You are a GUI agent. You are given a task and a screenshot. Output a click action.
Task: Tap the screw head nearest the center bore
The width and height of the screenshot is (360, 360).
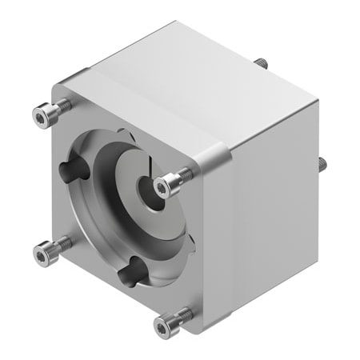tap(165, 186)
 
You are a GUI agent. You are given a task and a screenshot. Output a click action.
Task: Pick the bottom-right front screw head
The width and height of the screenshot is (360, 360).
tap(163, 324)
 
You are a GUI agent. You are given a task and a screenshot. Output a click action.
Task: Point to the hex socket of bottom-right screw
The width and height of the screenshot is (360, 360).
tap(162, 325)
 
